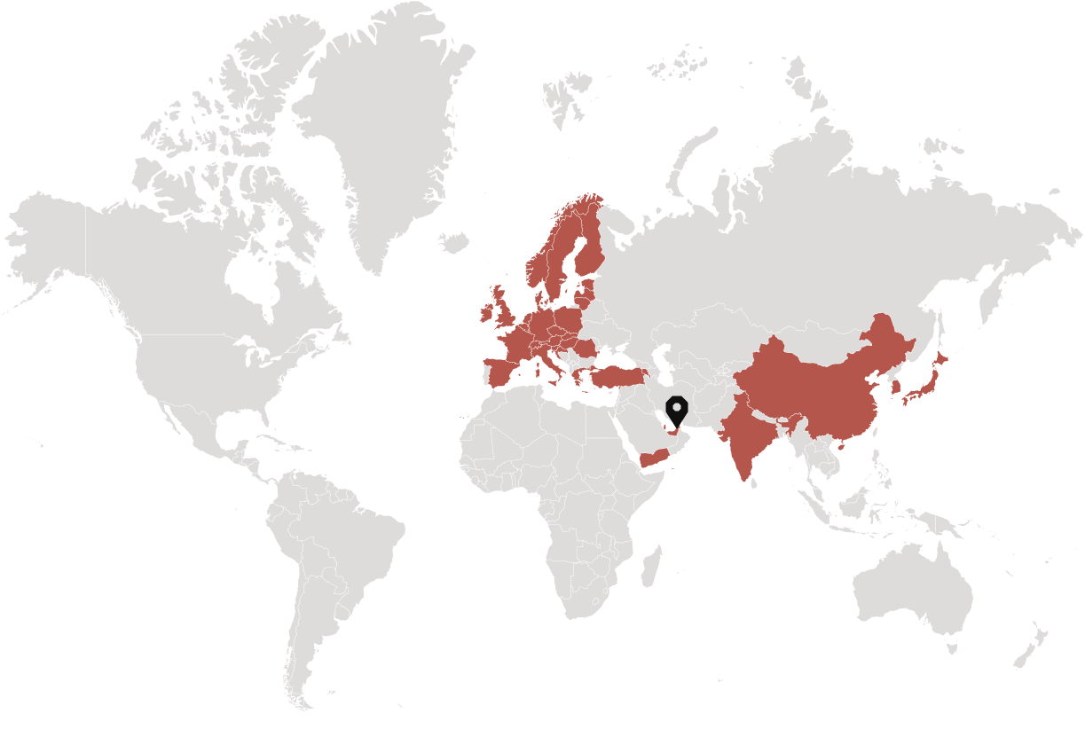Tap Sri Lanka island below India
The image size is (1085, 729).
(753, 482)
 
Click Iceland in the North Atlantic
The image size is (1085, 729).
(452, 241)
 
